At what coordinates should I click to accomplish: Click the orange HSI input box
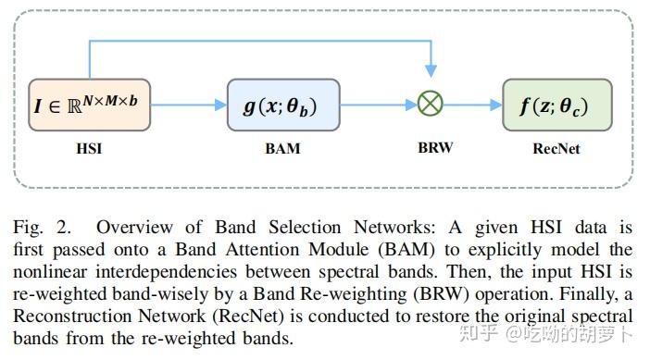89,104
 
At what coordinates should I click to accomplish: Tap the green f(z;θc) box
556,105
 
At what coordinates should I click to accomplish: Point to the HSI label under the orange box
89,148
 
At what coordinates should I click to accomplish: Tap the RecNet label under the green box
556,148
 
